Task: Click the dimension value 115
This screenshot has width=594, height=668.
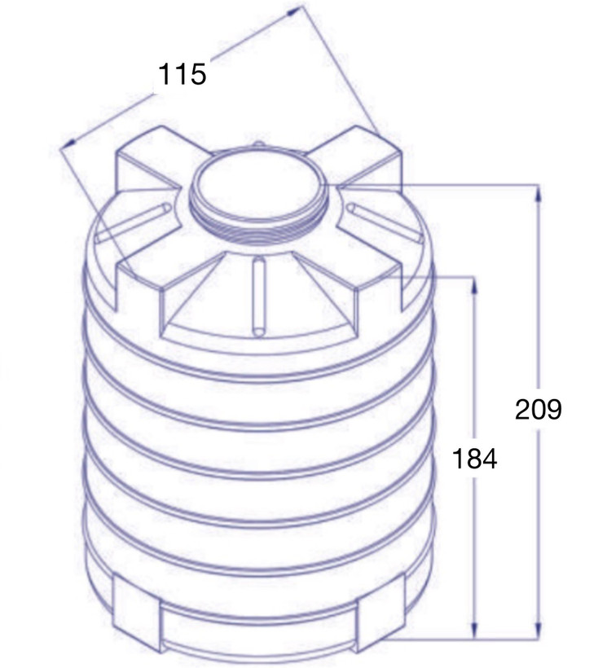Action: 182,73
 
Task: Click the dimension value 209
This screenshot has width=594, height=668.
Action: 538,410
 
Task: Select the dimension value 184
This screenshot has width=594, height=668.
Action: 474,459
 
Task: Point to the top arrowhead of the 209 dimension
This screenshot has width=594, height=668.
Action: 538,194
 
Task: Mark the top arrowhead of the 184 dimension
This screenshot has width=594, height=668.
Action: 474,286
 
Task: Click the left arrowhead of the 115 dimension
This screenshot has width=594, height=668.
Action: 68,143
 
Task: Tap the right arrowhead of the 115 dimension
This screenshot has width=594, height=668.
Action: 294,11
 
